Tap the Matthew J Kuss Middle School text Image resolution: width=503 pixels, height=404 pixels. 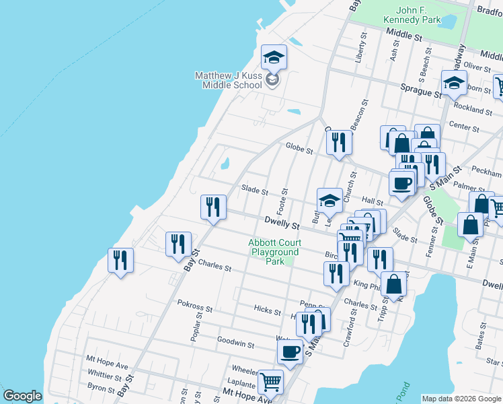point(229,80)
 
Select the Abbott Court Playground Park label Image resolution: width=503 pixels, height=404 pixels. point(275,251)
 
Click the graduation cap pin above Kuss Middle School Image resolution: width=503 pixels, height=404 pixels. point(274,58)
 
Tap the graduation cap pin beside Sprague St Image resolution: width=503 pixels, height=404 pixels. point(455,83)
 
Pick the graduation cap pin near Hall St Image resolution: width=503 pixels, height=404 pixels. point(330,200)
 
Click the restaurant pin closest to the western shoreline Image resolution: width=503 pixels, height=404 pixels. point(121,261)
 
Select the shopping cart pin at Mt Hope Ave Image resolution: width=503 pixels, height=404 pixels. point(270,382)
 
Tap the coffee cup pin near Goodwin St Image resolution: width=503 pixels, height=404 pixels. point(291,352)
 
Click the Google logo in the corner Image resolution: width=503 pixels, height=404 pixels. point(23,396)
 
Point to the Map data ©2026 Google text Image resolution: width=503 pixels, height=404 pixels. point(461,399)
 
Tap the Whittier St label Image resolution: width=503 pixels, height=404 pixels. point(104,376)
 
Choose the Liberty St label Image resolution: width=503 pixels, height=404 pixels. point(362,48)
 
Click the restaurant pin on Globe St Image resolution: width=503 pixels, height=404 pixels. point(340,143)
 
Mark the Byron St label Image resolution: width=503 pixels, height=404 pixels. point(101,387)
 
